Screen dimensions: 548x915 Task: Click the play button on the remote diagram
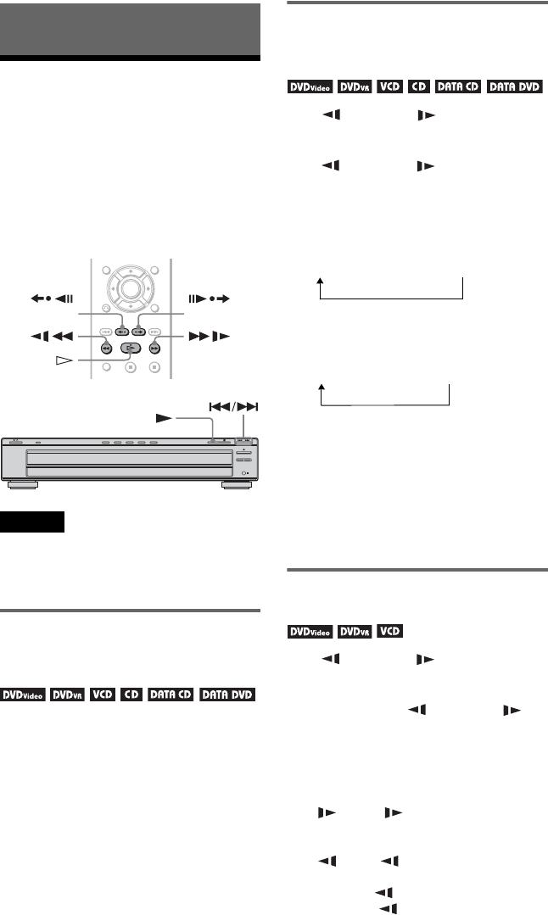coord(131,349)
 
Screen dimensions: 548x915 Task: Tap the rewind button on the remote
coord(107,349)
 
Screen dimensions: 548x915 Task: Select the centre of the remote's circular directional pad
coord(130,287)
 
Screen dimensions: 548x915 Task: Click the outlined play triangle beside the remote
coord(64,361)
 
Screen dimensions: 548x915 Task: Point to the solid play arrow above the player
coord(164,418)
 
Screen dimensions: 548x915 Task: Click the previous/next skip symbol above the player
coord(232,407)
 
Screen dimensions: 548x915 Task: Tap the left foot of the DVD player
coord(23,484)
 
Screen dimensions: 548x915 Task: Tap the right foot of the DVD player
coord(237,484)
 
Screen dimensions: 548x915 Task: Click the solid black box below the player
coord(32,522)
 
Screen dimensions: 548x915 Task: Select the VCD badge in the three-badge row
coord(390,631)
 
